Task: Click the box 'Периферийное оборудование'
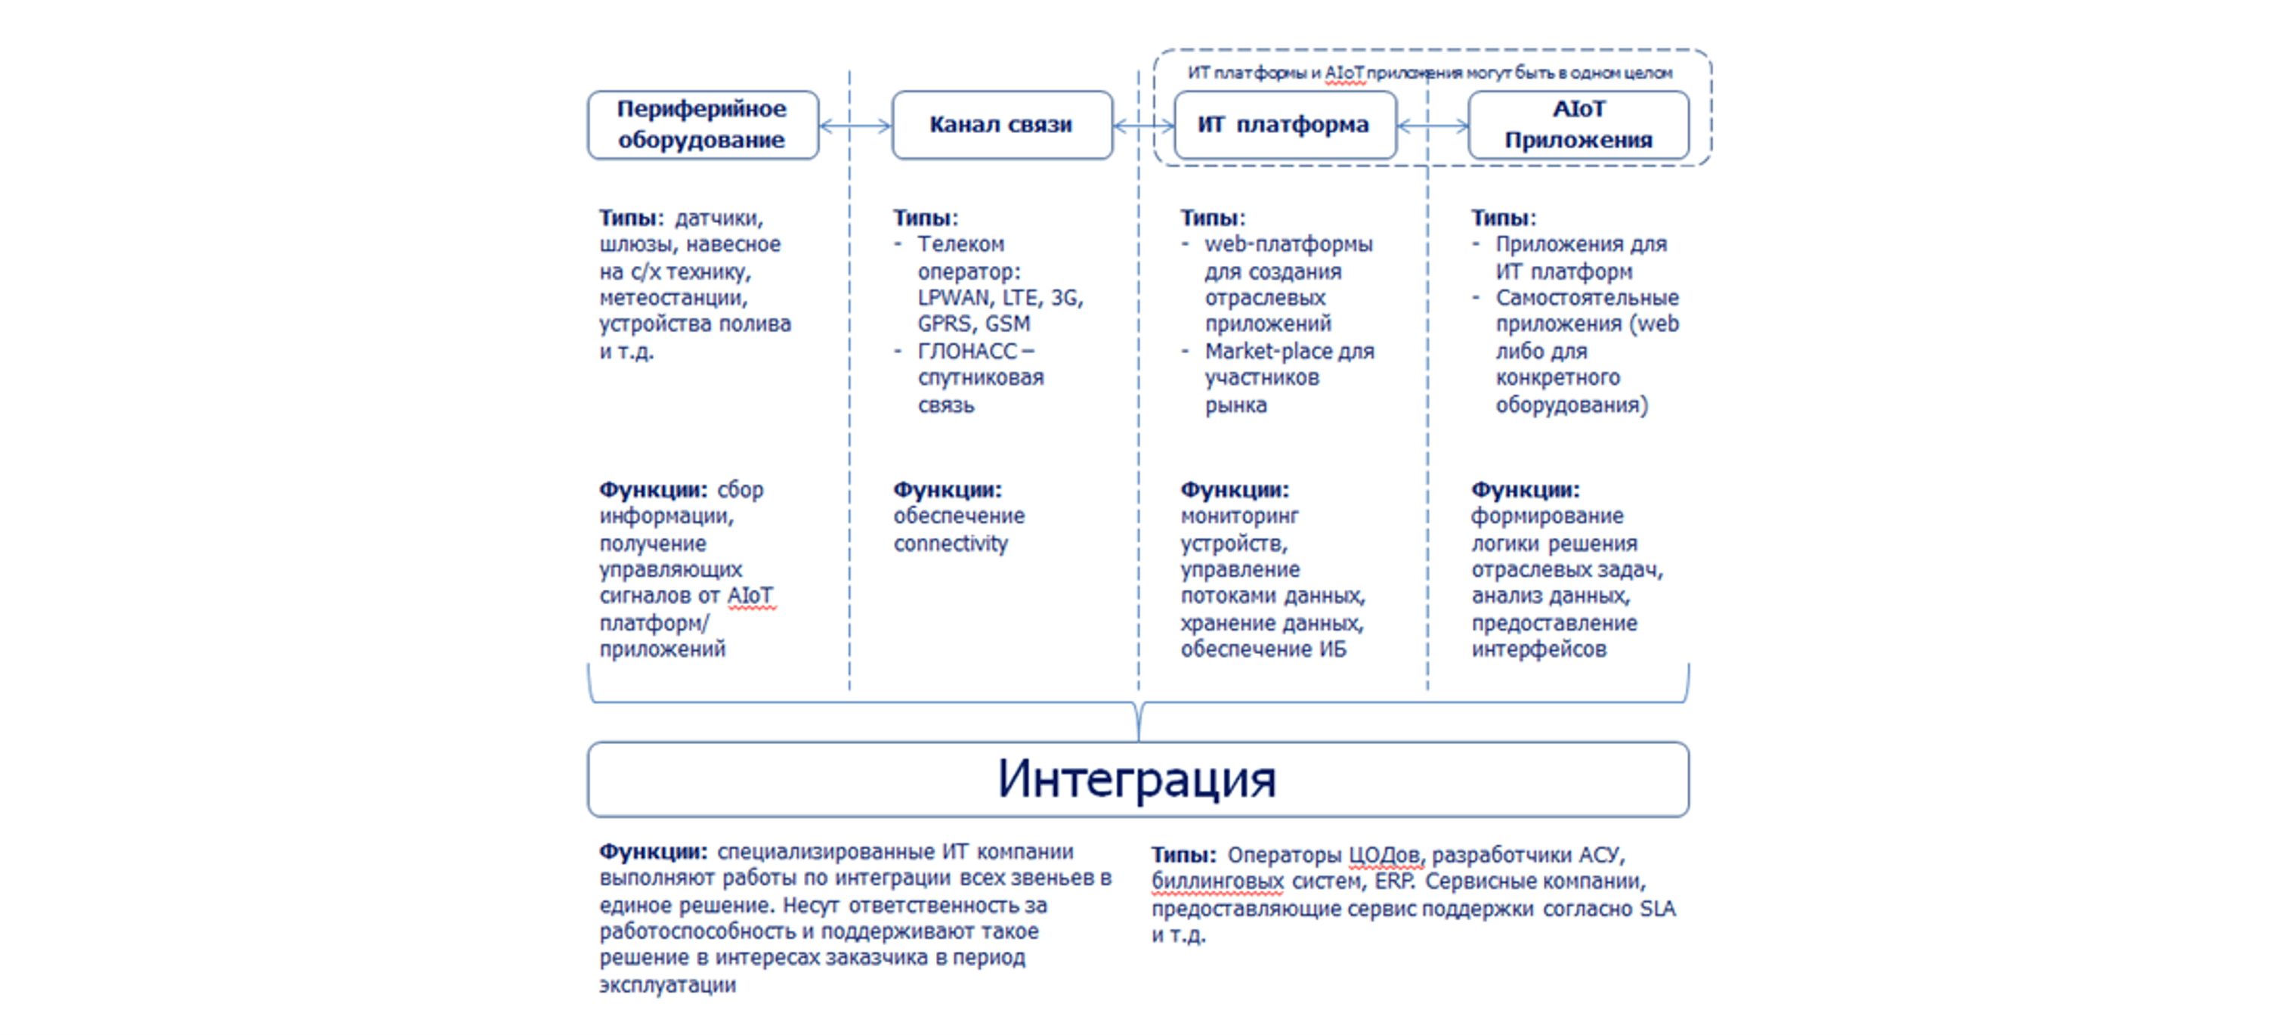click(x=702, y=126)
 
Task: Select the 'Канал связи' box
click(x=1001, y=126)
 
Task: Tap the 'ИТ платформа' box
click(x=1284, y=126)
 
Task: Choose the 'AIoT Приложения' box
click(x=1578, y=126)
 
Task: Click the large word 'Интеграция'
click(x=1137, y=779)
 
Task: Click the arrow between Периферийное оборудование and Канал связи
click(x=855, y=126)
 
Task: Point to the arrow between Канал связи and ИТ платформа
click(x=1143, y=126)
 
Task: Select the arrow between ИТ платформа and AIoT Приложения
click(x=1433, y=126)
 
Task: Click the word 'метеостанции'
click(x=672, y=298)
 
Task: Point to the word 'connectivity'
click(x=951, y=543)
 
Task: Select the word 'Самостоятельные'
click(x=1586, y=298)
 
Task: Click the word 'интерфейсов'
click(x=1538, y=649)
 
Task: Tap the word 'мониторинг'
click(x=1239, y=516)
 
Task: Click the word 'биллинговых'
click(x=1217, y=882)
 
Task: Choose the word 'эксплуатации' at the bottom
click(x=667, y=984)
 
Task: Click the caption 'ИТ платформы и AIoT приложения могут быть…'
click(x=1429, y=73)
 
